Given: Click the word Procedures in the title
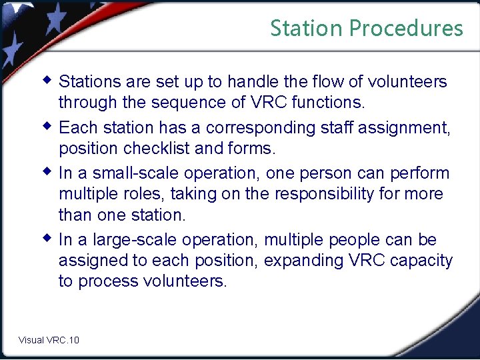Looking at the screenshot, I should (x=405, y=28).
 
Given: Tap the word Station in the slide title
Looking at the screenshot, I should (x=307, y=28).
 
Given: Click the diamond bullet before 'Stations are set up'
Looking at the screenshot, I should (x=47, y=80).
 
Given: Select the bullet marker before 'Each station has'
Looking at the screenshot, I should (x=47, y=125).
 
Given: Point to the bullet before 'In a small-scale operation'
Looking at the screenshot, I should (x=47, y=171).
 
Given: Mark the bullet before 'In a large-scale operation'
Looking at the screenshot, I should (x=47, y=237).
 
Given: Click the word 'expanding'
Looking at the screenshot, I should (x=304, y=261).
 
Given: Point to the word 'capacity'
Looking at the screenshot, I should (x=419, y=261).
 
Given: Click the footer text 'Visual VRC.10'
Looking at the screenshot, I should (x=49, y=340).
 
